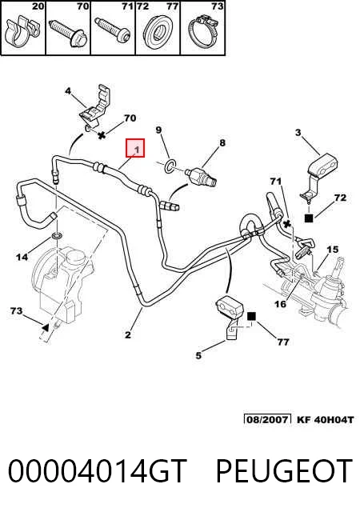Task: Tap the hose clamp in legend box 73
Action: click(203, 33)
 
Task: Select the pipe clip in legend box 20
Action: click(22, 32)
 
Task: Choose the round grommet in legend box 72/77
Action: click(158, 32)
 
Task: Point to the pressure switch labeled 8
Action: click(201, 176)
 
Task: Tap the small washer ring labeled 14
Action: click(57, 236)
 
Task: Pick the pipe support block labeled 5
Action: click(230, 317)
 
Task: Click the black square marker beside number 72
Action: click(309, 218)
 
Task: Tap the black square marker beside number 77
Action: click(251, 317)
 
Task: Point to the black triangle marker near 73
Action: click(46, 327)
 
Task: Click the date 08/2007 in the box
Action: click(267, 419)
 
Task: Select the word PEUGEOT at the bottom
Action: click(284, 471)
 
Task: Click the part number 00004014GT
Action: click(98, 471)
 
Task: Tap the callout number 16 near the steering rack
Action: click(280, 304)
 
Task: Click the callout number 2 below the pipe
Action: click(128, 334)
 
